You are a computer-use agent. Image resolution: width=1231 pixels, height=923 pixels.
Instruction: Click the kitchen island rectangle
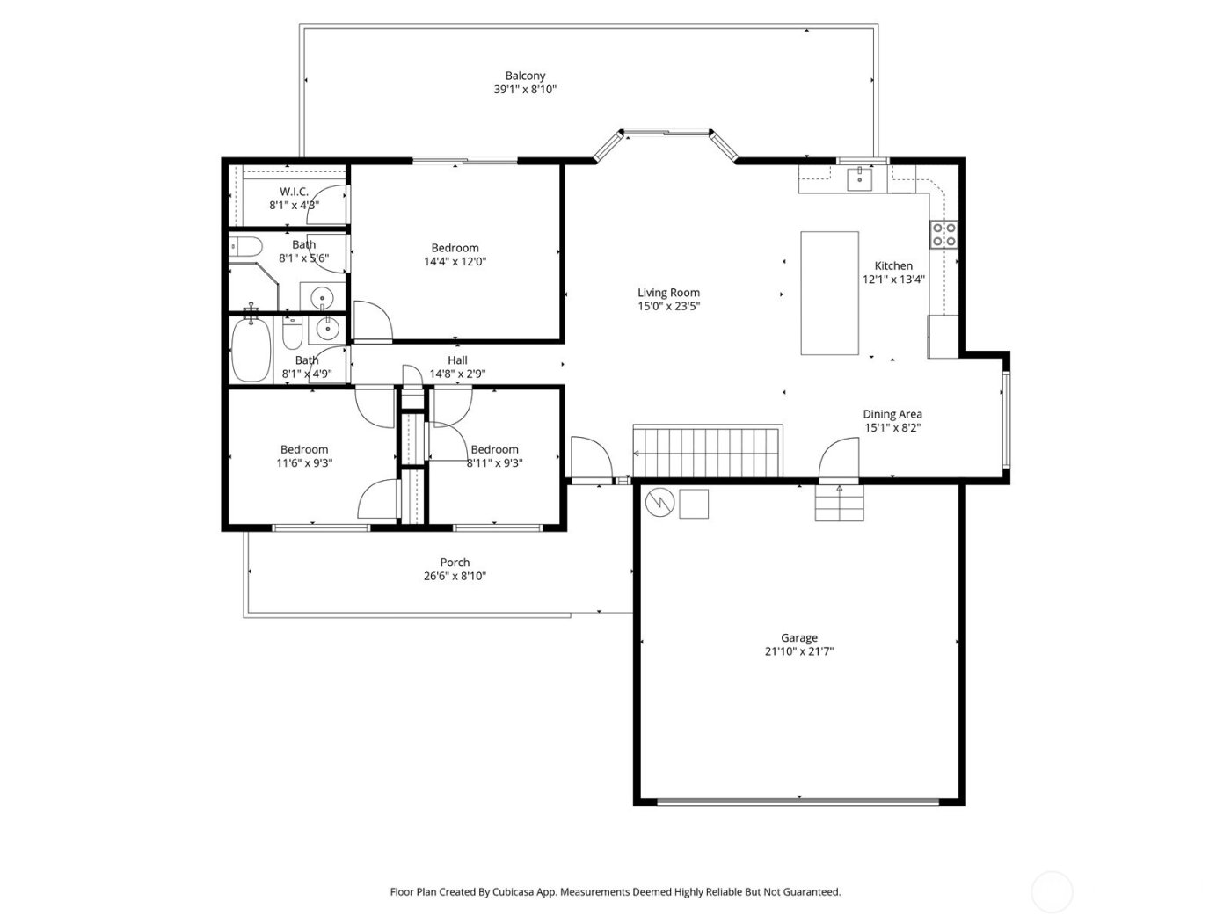tap(829, 293)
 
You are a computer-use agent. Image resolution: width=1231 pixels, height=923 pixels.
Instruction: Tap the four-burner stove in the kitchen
tap(944, 234)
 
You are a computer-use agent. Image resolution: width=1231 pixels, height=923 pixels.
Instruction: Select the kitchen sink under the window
tap(859, 179)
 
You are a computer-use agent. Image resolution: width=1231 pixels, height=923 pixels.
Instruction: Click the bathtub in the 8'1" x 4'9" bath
tap(251, 350)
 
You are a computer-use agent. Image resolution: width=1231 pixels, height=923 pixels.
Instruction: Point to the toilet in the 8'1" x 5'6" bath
tap(243, 248)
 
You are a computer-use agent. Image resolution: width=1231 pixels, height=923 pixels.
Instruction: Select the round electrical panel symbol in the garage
tap(658, 503)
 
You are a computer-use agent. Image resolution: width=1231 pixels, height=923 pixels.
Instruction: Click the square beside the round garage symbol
tap(694, 503)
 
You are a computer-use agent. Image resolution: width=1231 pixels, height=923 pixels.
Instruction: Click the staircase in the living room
tap(709, 452)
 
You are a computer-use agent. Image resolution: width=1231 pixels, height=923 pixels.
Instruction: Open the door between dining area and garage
tap(839, 460)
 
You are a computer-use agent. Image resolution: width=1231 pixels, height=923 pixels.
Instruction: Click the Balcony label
tap(525, 76)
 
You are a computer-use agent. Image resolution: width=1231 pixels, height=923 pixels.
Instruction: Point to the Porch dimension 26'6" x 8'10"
tap(455, 577)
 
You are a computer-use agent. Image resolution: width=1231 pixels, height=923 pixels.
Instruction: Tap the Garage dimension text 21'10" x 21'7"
tap(799, 652)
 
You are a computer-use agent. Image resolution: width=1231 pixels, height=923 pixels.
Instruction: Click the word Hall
tap(457, 360)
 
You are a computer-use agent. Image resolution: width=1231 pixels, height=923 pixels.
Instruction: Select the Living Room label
tap(668, 293)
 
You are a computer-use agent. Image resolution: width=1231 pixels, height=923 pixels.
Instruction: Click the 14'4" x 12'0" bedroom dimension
tap(455, 261)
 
